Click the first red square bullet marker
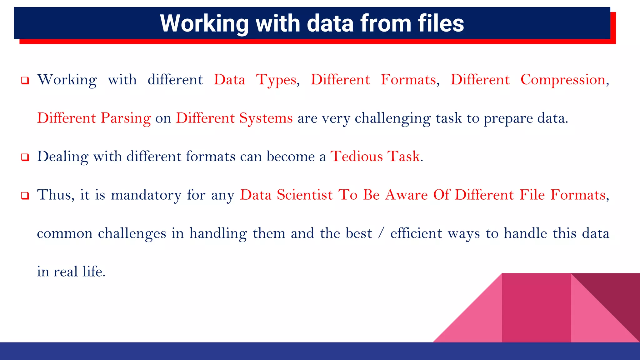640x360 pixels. [25, 81]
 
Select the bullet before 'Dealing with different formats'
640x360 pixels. [25, 157]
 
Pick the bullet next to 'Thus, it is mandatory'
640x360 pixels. [25, 196]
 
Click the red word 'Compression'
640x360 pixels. [563, 80]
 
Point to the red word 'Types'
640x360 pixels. [276, 80]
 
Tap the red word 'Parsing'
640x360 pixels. [126, 118]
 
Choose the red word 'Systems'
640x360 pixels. [266, 118]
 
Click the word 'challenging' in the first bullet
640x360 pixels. [393, 118]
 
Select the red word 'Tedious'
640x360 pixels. [357, 157]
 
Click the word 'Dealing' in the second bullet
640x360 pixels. [63, 157]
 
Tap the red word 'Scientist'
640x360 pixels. [305, 195]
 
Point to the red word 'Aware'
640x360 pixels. [406, 195]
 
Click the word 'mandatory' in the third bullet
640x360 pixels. [146, 195]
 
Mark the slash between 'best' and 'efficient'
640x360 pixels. [380, 233]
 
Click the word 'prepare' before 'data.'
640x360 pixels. [508, 118]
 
